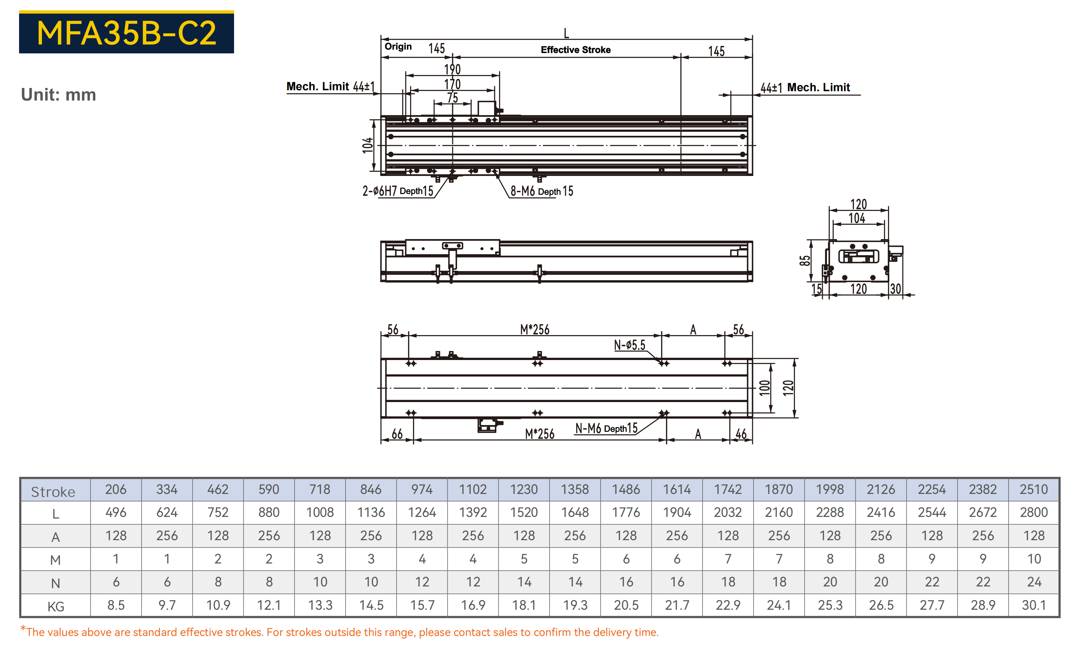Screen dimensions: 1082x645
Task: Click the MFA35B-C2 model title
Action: [126, 33]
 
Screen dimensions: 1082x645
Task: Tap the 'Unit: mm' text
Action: [59, 95]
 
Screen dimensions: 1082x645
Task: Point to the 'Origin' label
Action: [398, 47]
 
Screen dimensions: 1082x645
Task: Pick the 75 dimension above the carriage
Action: [453, 98]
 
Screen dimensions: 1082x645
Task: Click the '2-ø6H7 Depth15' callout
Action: [398, 191]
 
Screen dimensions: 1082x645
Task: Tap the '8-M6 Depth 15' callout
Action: [542, 191]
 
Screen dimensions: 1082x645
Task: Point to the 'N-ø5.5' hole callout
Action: [629, 345]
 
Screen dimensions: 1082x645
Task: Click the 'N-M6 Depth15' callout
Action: [606, 429]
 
